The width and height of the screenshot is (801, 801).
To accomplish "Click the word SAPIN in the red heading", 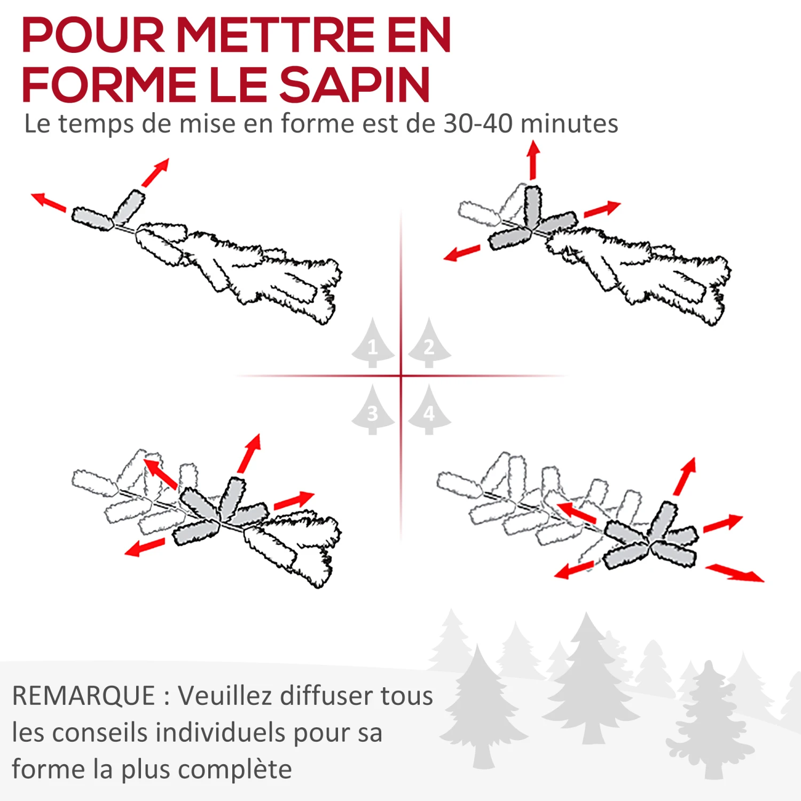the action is pos(355,84).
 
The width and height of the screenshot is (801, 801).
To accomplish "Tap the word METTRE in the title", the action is pos(276,35).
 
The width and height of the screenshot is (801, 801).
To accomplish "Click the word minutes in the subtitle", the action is pos(569,123).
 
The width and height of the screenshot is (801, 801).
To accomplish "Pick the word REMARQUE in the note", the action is pos(84,696).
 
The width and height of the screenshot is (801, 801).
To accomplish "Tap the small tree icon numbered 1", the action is pos(373,343).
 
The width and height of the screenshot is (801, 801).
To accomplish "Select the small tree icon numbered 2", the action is pos(429,343).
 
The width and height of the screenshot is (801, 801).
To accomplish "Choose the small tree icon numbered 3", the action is pos(373,410).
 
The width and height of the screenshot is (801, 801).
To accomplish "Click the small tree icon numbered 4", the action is pos(429,410).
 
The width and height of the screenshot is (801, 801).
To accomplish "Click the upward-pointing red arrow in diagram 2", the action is pos(533,160).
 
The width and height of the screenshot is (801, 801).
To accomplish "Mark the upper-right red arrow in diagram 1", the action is pos(155,172).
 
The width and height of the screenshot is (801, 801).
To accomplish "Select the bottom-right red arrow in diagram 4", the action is pos(735,572).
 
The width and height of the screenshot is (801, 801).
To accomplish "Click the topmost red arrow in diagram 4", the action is pos(685,476).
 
